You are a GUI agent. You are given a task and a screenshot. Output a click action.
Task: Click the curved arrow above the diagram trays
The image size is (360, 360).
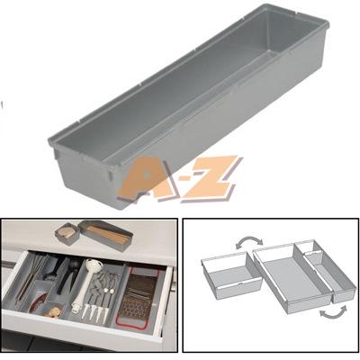[x=249, y=242]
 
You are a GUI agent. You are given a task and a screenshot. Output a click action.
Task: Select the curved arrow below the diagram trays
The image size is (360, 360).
[x=333, y=313]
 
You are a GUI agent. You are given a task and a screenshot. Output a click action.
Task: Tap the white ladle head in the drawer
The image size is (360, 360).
[x=94, y=265]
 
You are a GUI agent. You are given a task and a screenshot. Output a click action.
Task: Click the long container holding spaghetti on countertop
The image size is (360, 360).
[x=105, y=235]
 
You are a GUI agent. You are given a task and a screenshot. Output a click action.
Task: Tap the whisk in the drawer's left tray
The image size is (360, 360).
[x=31, y=276]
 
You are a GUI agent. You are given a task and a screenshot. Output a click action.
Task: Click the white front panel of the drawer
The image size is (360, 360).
[x=81, y=326]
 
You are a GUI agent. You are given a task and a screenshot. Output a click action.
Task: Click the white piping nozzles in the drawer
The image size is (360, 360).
[x=94, y=310]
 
